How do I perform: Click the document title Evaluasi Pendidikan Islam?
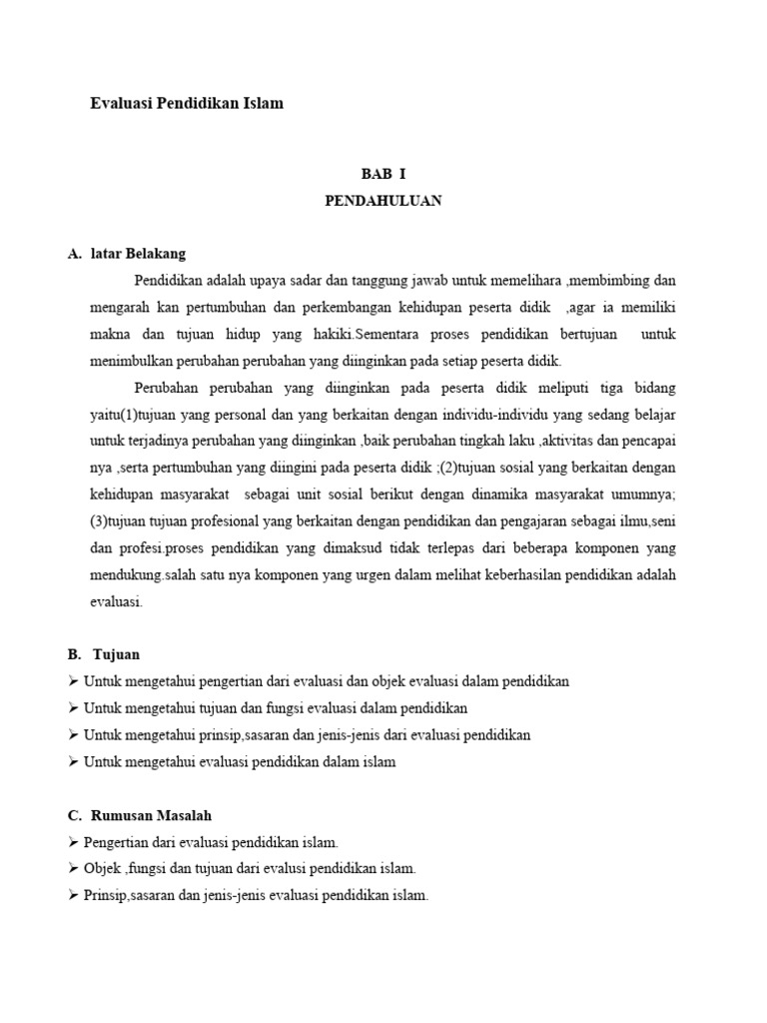pyautogui.click(x=187, y=103)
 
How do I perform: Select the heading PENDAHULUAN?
pyautogui.click(x=383, y=201)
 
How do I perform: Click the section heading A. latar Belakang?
pyautogui.click(x=127, y=254)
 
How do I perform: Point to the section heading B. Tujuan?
pyautogui.click(x=105, y=655)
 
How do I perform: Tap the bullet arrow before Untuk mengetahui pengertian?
pyautogui.click(x=75, y=681)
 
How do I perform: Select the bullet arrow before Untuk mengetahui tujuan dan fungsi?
pyautogui.click(x=75, y=708)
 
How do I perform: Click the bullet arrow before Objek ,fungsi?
pyautogui.click(x=75, y=868)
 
